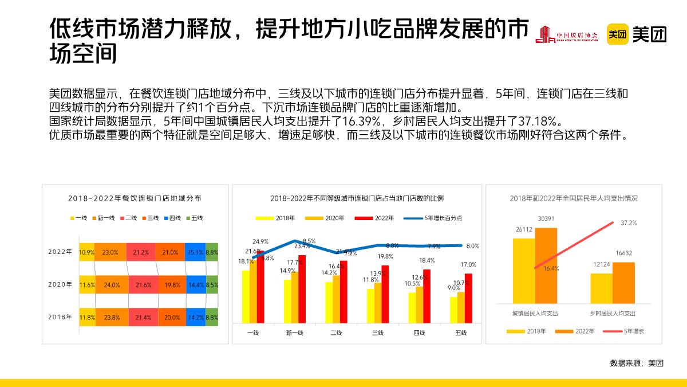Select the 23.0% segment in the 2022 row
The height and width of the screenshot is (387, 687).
[110, 252]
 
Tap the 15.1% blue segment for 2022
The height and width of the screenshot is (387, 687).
[195, 252]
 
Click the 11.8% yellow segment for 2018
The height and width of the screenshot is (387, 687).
[87, 317]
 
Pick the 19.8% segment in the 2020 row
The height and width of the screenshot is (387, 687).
[171, 284]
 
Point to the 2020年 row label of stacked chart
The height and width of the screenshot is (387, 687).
[61, 284]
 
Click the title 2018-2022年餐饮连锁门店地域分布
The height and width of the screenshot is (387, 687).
[135, 198]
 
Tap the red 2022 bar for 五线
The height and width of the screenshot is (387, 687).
[468, 299]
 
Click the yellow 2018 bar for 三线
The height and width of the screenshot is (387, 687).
[370, 306]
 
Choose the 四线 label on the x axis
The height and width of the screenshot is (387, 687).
[419, 333]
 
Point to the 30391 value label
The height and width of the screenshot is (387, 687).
[546, 218]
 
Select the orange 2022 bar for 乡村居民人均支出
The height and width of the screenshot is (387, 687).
[623, 283]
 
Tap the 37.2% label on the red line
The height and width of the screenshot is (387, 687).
[629, 222]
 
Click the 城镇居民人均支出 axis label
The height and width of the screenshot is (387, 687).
[535, 314]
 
